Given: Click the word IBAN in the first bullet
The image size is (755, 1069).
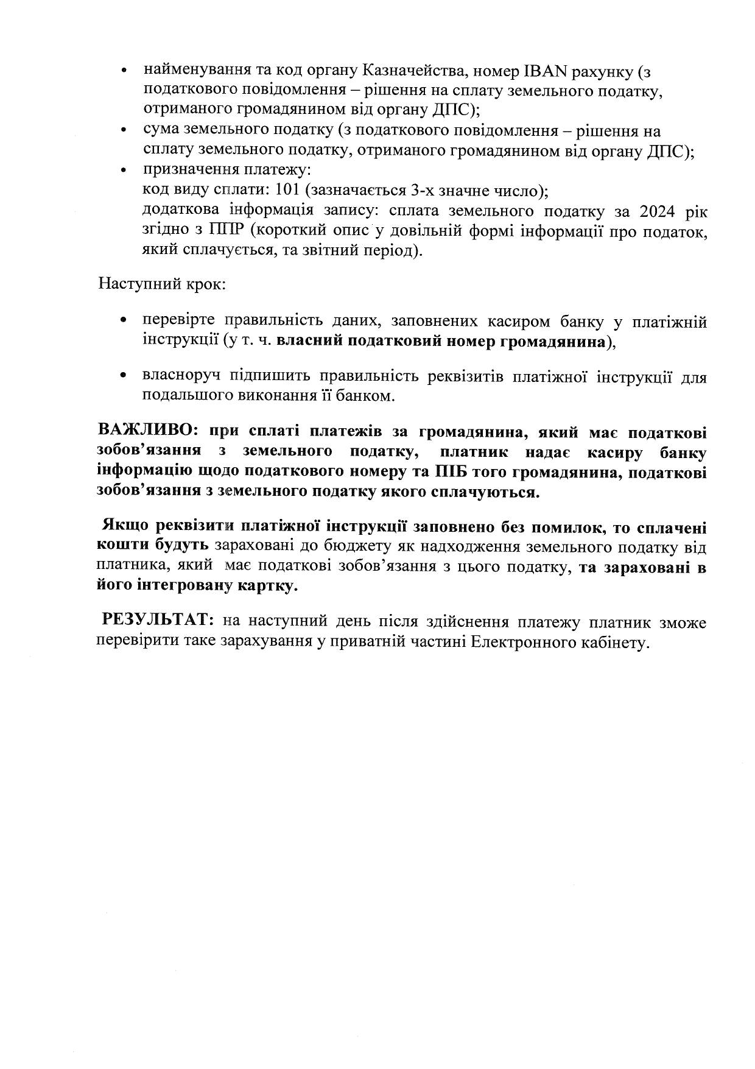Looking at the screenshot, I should [546, 71].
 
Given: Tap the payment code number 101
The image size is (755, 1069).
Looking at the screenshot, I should [287, 190].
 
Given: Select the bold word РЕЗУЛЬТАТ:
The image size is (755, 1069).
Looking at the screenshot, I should [158, 621].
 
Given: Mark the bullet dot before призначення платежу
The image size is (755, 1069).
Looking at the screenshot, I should [124, 171].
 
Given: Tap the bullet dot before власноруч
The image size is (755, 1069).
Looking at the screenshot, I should [124, 376].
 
